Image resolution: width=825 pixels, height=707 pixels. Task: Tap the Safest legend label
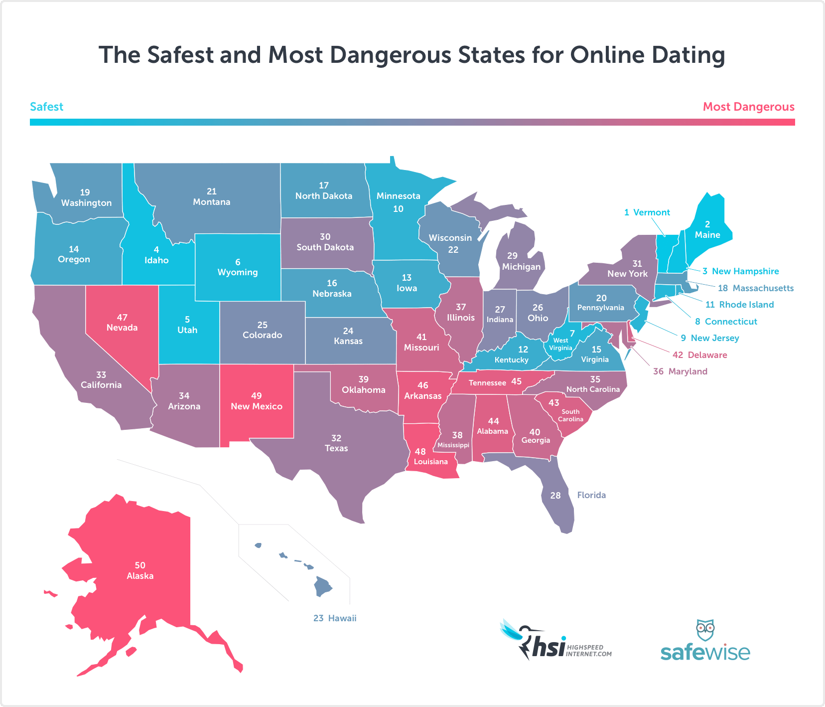click(46, 107)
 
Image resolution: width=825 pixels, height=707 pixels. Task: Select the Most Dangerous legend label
click(748, 107)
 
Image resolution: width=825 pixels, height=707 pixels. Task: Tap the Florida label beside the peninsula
click(591, 495)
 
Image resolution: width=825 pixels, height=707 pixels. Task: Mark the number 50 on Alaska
click(140, 565)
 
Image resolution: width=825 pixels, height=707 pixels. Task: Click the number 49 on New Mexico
click(257, 396)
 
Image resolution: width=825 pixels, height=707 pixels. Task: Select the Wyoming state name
click(238, 272)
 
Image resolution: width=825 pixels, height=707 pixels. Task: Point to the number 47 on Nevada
click(122, 318)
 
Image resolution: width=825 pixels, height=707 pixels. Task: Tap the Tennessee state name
click(487, 383)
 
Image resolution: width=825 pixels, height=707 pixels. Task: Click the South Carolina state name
click(570, 415)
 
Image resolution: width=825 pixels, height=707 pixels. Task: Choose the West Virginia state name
click(560, 344)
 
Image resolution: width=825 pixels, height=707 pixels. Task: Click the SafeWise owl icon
click(705, 631)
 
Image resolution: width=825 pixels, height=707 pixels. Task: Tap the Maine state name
click(707, 235)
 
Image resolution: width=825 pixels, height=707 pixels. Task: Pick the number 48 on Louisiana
click(420, 452)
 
